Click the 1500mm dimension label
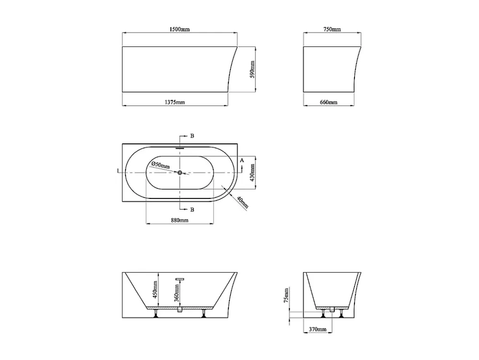(180, 29)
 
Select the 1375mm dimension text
(175, 102)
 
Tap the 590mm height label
(252, 70)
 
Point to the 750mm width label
(332, 29)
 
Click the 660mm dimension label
(329, 102)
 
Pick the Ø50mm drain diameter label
(160, 165)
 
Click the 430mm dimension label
(252, 173)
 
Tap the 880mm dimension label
(180, 220)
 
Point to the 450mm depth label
(155, 290)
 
